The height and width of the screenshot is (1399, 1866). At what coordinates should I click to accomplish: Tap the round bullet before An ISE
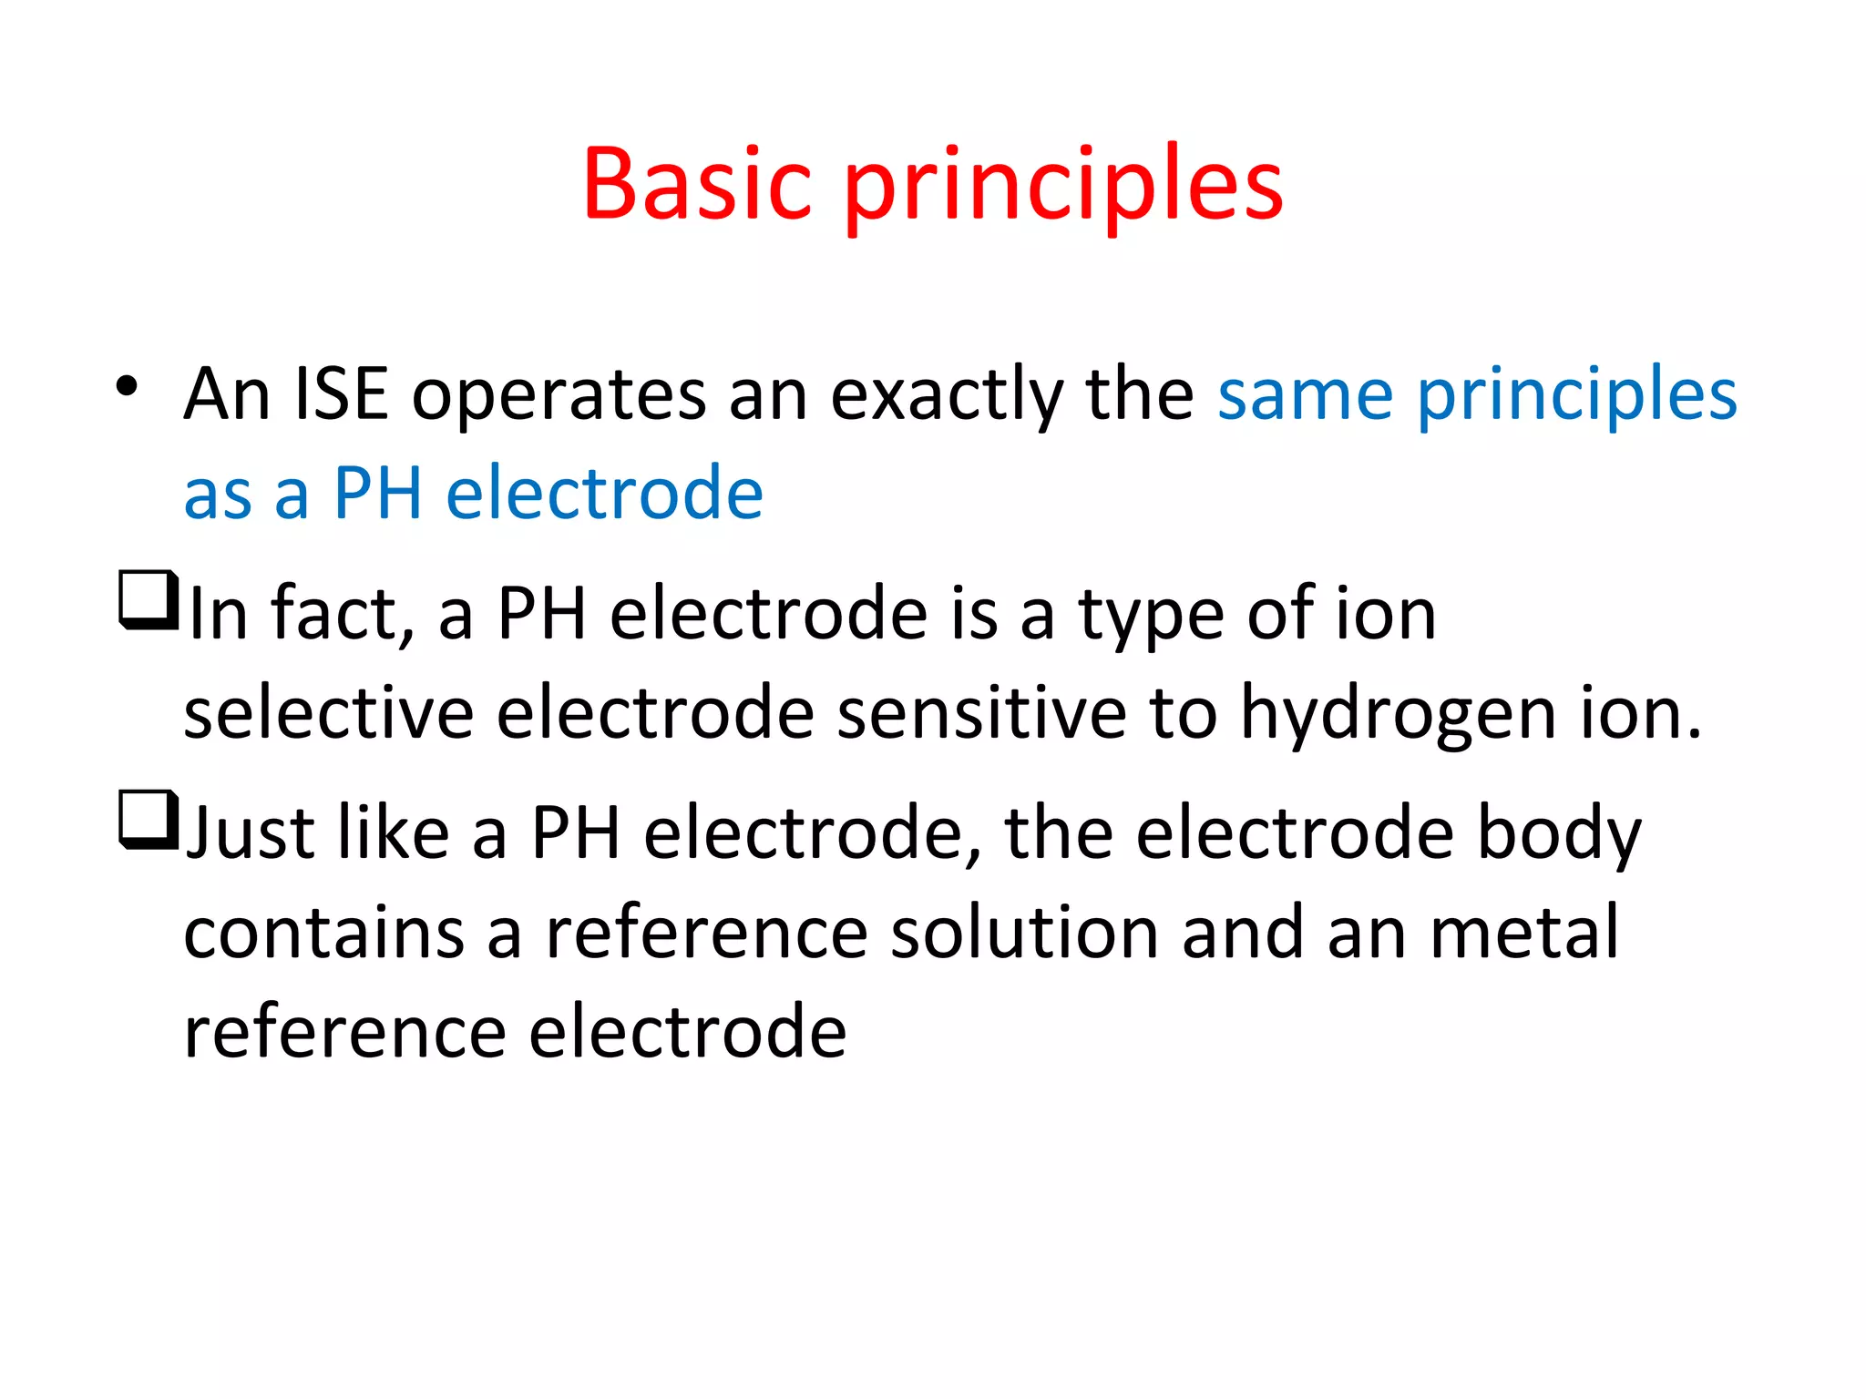(x=127, y=386)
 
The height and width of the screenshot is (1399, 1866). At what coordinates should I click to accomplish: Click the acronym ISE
(x=341, y=394)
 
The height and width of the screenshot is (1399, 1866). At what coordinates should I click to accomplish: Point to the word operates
(x=559, y=396)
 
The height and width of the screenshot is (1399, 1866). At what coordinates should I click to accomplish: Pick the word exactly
(x=946, y=396)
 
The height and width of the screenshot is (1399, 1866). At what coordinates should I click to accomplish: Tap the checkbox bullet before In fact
(x=147, y=598)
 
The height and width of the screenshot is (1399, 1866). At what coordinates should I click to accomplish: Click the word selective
(x=329, y=713)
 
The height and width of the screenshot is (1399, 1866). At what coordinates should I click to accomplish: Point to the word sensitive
(x=981, y=713)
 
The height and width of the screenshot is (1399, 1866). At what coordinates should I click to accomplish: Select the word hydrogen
(x=1398, y=715)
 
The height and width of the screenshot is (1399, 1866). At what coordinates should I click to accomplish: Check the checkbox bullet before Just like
(x=147, y=819)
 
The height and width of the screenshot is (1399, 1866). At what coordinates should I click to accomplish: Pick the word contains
(x=324, y=933)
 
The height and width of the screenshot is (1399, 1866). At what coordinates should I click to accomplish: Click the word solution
(x=1024, y=933)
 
